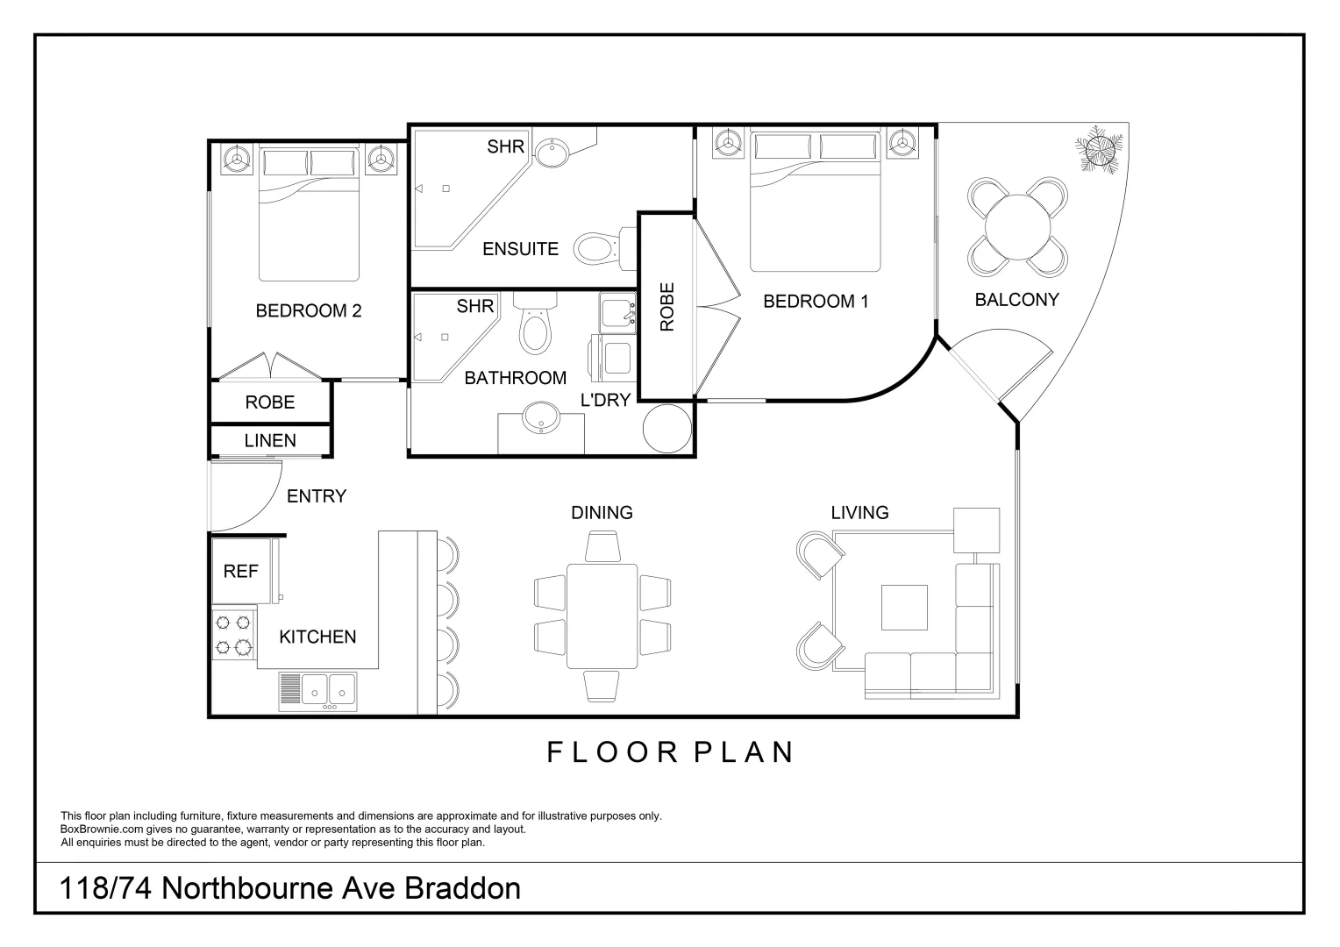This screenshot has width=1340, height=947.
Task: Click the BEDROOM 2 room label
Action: point(308,310)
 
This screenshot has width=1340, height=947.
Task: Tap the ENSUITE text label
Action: point(520,249)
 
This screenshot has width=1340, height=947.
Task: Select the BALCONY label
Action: point(1016,300)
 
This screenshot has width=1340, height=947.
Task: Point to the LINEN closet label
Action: point(270,440)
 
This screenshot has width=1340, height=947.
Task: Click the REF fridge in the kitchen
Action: point(241,571)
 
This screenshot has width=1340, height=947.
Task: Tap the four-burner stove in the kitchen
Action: point(233,635)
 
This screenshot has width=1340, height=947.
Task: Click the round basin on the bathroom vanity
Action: point(541,419)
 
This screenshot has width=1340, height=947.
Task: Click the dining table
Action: point(602,616)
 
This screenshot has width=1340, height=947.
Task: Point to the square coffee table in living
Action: point(904,608)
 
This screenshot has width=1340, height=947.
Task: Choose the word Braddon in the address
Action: point(462,888)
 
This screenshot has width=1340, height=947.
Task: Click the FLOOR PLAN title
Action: point(671,752)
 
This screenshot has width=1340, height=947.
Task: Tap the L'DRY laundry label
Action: point(606,400)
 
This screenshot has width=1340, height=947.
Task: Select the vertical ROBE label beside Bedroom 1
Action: point(667,306)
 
